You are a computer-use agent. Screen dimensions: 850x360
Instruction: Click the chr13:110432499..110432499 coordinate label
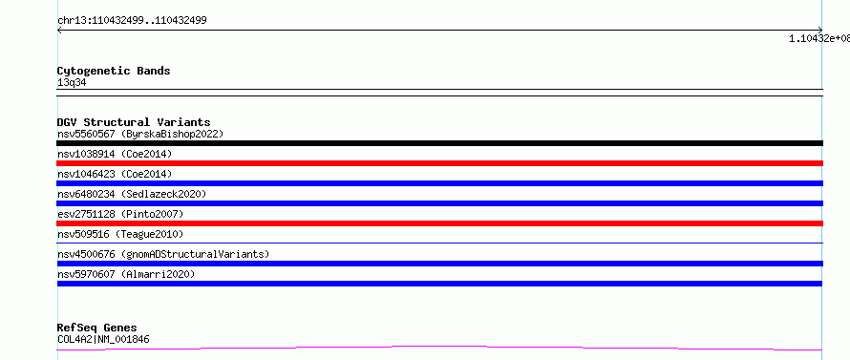pos(132,21)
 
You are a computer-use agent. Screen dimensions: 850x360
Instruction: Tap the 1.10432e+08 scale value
pos(819,38)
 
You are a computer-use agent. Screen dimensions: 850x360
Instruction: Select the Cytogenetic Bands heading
pos(114,71)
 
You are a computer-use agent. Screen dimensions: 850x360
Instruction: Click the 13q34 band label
pos(72,83)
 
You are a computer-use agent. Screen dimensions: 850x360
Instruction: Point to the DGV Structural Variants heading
pos(134,122)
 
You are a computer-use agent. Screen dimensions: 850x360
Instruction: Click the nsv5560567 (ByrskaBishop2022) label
pos(140,134)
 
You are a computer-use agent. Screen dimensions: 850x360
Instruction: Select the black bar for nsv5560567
pos(439,143)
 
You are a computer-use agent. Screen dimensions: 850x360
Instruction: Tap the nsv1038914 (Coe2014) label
pos(115,154)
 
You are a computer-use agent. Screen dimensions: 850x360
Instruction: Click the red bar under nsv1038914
pos(439,163)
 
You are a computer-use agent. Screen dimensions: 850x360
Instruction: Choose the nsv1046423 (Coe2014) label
pos(115,174)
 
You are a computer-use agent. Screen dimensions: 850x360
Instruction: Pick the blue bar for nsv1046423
pos(439,183)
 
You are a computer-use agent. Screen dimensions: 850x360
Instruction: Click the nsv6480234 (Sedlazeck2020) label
pos(132,194)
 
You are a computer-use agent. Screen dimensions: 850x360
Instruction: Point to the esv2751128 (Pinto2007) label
pos(120,214)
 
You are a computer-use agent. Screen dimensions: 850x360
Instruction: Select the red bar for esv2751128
pos(439,223)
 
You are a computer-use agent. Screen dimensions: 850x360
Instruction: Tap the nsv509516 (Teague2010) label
pos(120,234)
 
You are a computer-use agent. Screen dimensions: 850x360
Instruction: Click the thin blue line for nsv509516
pos(439,243)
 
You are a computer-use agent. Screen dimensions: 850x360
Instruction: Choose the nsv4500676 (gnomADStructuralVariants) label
pos(163,254)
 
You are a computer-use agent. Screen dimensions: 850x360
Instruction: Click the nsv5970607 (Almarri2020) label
pos(126,274)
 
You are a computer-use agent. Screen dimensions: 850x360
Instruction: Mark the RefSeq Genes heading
pos(96,328)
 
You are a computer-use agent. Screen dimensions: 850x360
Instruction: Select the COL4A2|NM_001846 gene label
pos(103,339)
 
